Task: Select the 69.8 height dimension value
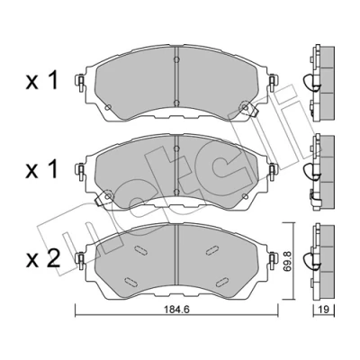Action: click(287, 262)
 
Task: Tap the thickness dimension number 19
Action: click(324, 309)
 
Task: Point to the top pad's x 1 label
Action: click(41, 81)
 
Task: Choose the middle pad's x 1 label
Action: click(41, 170)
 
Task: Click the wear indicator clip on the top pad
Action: click(249, 110)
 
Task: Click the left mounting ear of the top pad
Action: click(80, 81)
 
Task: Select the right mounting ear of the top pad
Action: click(272, 81)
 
